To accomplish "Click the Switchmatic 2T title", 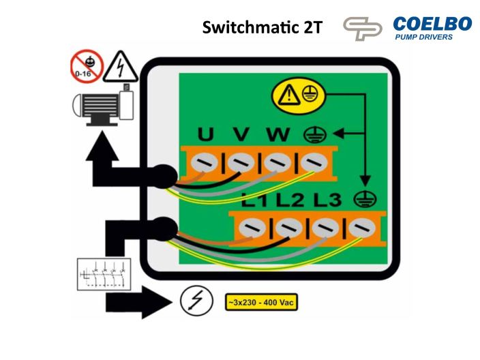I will click(x=262, y=28).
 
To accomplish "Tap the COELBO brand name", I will click(x=432, y=24).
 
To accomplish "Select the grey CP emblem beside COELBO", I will click(x=363, y=29).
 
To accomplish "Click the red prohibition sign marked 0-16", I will click(x=87, y=66).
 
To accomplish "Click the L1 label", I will click(x=256, y=201).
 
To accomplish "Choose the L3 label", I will click(x=327, y=201).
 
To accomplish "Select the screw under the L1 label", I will click(x=255, y=226).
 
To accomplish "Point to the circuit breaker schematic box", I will click(x=102, y=273).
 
